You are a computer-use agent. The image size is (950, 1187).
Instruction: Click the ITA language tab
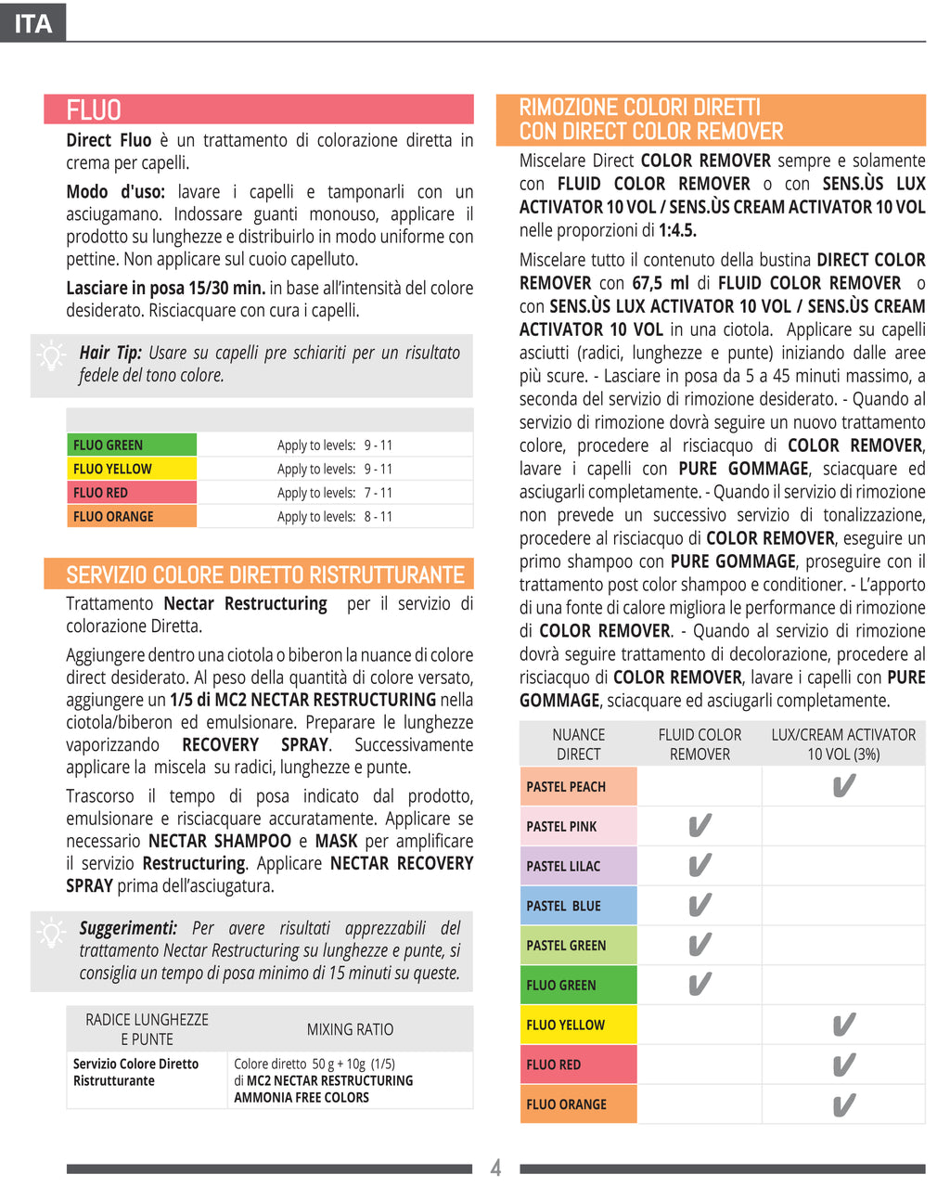click(33, 22)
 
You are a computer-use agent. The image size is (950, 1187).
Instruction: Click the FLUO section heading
click(94, 110)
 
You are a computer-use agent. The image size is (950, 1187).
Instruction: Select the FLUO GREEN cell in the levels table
click(131, 445)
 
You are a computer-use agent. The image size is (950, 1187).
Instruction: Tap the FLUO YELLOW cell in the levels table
click(131, 469)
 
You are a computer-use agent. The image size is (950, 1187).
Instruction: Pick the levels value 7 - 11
click(378, 493)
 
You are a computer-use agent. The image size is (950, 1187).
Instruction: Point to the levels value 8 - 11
click(378, 517)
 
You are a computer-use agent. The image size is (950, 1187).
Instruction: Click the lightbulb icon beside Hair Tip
click(51, 356)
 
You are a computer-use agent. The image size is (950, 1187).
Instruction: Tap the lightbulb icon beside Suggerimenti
click(51, 932)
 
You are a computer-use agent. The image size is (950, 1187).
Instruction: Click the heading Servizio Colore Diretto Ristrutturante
click(264, 575)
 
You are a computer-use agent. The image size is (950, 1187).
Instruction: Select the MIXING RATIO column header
click(350, 1029)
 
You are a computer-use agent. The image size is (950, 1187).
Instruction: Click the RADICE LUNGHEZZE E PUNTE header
click(147, 1029)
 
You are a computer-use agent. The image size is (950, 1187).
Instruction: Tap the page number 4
click(495, 1168)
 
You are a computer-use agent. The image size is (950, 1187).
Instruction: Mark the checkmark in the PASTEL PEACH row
click(843, 786)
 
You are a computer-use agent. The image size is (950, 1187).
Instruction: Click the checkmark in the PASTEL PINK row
click(700, 825)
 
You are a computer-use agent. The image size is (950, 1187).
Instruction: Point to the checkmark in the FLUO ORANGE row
click(843, 1104)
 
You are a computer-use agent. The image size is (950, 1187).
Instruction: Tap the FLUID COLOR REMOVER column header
click(700, 744)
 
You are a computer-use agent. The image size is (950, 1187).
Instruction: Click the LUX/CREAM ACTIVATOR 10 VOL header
click(843, 744)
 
